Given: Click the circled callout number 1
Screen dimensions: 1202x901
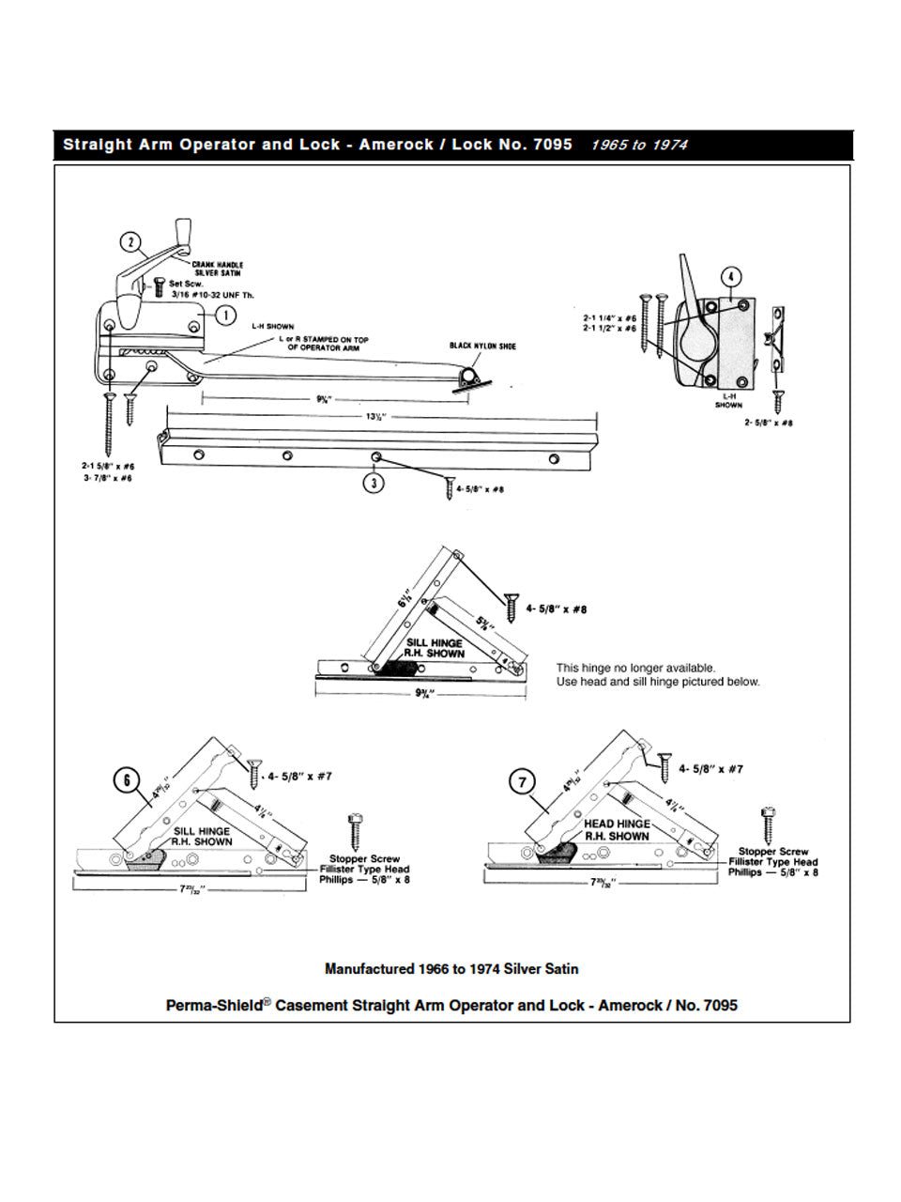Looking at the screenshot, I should pos(225,316).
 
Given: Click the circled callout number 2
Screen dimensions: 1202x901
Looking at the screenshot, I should pos(131,242).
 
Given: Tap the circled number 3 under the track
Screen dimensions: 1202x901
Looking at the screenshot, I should pos(374,484).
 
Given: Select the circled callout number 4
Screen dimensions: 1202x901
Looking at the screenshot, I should pos(730,277).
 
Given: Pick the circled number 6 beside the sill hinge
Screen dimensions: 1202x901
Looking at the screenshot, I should pos(127,780).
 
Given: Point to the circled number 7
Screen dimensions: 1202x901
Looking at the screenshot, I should pos(522,782).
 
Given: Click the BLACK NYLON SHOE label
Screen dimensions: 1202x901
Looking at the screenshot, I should pos(482,347).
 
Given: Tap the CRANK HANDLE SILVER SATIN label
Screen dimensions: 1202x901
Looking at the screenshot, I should pos(218,269).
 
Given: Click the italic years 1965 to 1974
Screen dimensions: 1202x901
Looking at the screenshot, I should pos(639,145).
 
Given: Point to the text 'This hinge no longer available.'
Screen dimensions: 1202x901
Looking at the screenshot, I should pos(635,668).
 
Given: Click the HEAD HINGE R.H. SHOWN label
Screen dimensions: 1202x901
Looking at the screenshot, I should pos(617,830).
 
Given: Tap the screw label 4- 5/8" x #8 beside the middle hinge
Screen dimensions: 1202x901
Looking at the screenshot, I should pos(557,609).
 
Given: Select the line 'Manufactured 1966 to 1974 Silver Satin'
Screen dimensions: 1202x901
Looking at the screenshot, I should pos(451,968).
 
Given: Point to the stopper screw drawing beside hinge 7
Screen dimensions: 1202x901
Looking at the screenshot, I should pos(769,824).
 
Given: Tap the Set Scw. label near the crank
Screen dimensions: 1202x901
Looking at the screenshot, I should pos(186,284).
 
